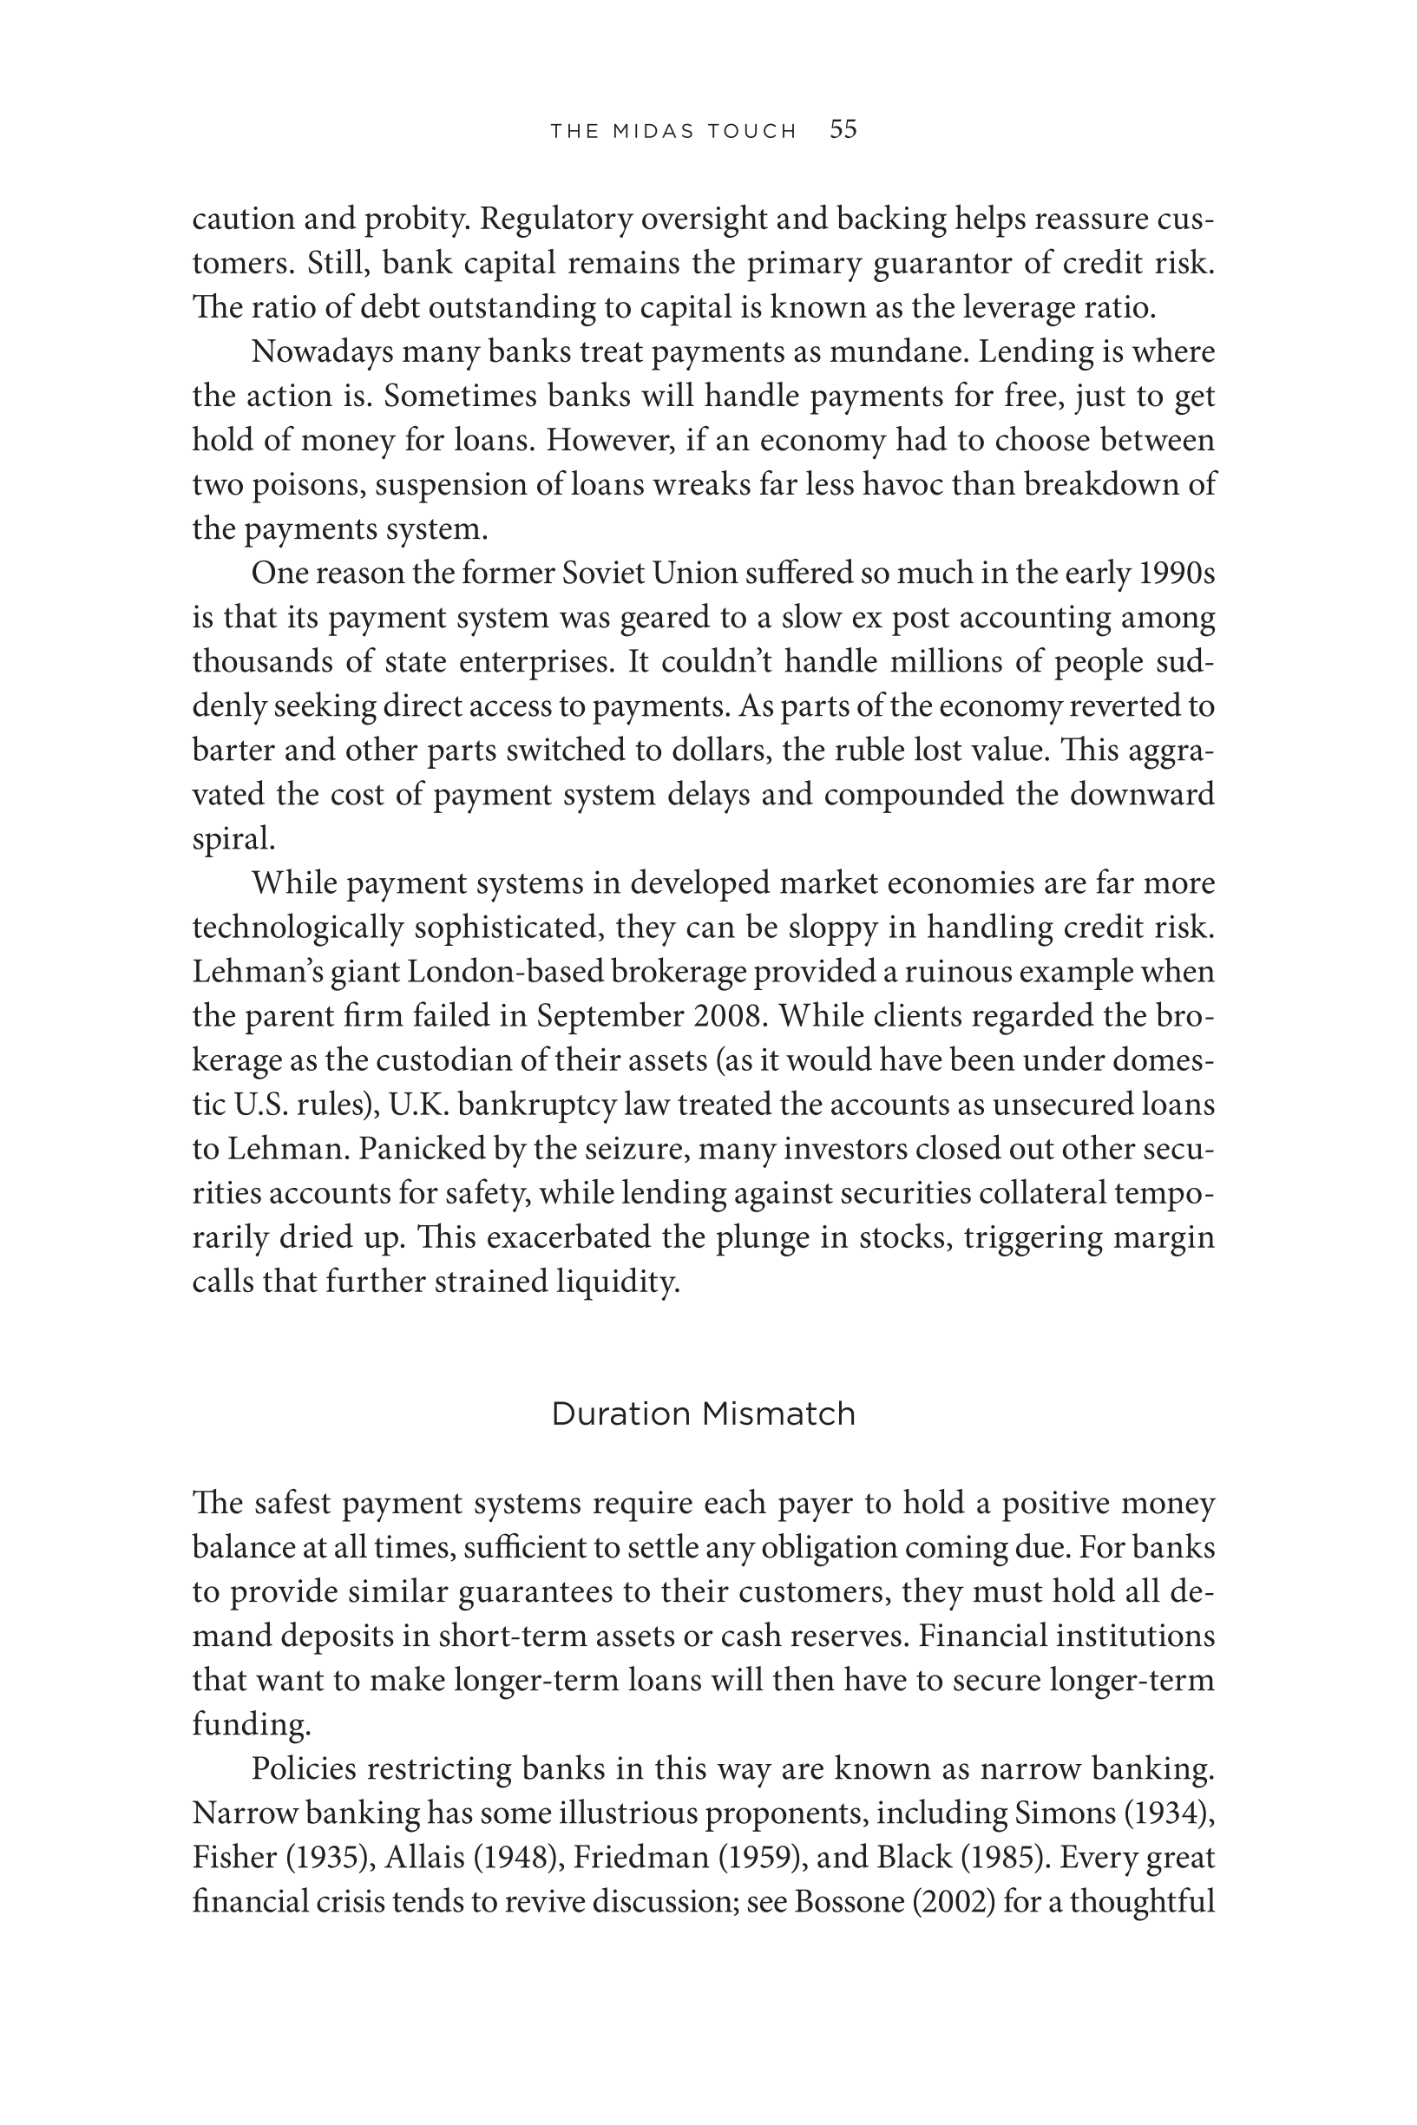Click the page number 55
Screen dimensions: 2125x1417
843,130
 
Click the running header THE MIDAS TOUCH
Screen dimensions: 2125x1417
673,132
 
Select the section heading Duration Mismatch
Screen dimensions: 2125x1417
703,1414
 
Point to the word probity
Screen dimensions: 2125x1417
416,220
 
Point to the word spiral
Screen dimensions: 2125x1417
233,840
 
